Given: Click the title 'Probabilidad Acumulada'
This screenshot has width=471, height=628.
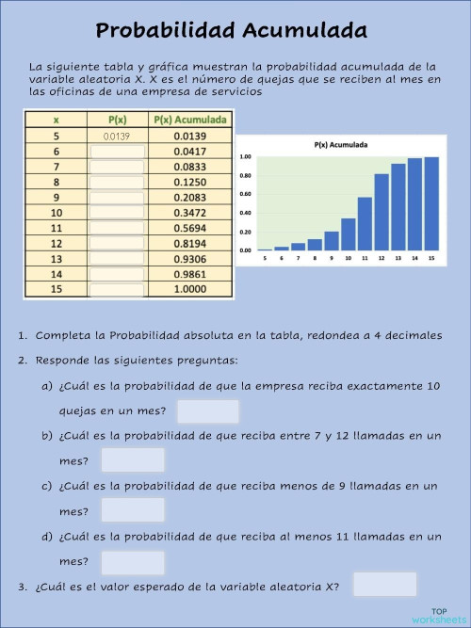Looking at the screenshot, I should [231, 31].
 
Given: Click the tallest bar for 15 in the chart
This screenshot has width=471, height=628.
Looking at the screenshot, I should [431, 204].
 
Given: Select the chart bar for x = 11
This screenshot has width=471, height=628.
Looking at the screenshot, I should [365, 224].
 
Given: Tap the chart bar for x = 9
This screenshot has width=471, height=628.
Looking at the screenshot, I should [332, 241].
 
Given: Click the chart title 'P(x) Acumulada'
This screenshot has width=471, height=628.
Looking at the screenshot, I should [341, 146].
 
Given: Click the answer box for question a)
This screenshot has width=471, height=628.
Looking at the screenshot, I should [208, 411].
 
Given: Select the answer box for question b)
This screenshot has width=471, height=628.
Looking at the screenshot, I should [133, 460].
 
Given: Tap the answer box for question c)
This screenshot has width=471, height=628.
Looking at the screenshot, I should [133, 510].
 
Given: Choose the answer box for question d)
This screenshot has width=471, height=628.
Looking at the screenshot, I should [133, 561].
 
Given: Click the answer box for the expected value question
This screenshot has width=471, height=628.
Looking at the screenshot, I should [383, 585].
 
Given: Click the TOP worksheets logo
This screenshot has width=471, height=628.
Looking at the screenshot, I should [438, 616].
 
